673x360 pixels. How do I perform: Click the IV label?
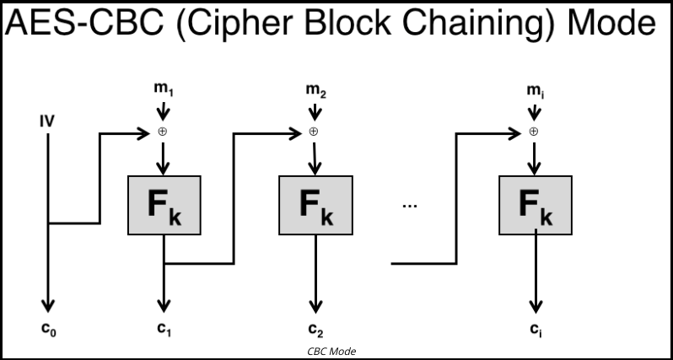(47, 122)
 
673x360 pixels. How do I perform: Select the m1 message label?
(164, 89)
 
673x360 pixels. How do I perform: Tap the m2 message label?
(316, 90)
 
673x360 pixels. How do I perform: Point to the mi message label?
(536, 91)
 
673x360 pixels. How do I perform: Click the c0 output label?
(49, 329)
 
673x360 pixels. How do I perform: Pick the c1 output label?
(164, 329)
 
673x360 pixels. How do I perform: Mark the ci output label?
(536, 330)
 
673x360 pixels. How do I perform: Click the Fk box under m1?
(164, 205)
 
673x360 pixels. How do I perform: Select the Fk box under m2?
(316, 205)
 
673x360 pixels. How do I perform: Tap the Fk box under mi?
(536, 205)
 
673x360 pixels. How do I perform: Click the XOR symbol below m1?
(162, 132)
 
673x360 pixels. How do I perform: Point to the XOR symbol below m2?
(314, 132)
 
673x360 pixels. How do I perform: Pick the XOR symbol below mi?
(534, 132)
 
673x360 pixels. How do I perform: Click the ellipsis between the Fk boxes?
(410, 206)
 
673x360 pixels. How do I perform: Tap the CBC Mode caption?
(331, 352)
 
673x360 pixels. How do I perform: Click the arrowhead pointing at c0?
(48, 306)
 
